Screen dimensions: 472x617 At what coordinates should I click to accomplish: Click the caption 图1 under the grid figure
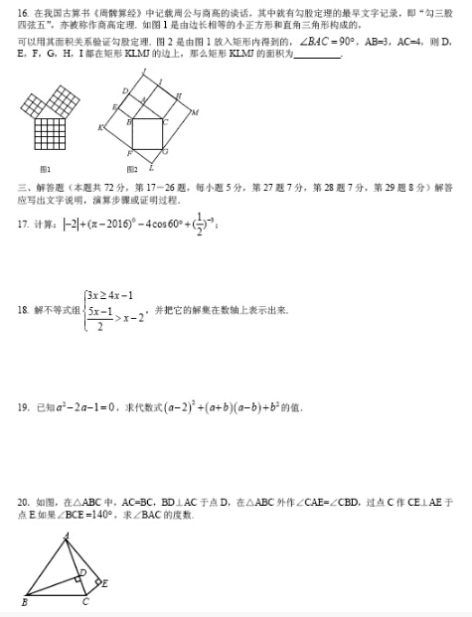coord(45,169)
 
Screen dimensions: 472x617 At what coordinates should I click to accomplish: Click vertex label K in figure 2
coord(100,128)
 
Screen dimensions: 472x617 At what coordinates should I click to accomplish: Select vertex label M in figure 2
coord(194,112)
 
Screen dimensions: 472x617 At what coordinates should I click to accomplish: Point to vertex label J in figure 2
coord(145,72)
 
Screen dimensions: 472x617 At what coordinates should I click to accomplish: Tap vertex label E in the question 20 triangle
coord(105,583)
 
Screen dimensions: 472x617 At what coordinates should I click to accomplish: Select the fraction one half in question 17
coord(199,225)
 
